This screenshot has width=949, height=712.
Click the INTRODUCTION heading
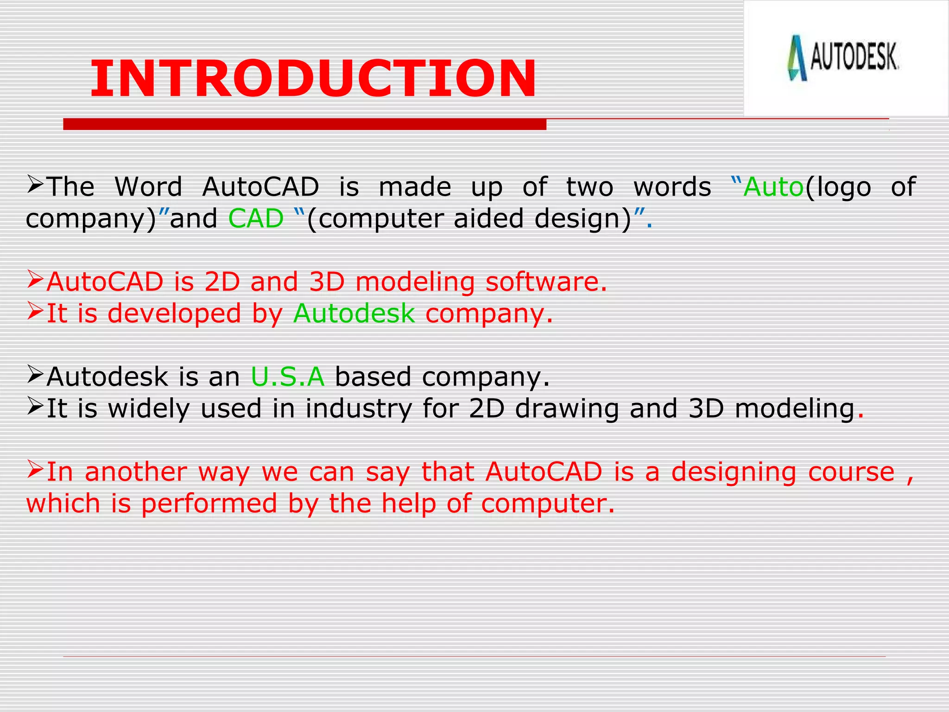coord(313,79)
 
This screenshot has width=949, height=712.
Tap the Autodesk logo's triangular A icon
coord(797,58)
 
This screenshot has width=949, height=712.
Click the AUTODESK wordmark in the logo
coord(854,57)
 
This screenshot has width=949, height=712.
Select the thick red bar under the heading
coord(304,124)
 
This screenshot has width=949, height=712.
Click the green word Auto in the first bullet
coord(773,187)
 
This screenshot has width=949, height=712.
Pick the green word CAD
coord(256,219)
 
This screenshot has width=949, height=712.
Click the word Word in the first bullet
coord(148,187)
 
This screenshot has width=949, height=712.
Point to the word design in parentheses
coord(582,219)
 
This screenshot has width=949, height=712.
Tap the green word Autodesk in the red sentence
coord(354,313)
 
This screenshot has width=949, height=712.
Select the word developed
coord(174,313)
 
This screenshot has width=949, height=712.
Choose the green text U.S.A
coord(287,376)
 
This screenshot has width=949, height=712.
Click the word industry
coord(358,408)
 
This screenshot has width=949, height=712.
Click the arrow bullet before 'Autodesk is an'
coord(35,375)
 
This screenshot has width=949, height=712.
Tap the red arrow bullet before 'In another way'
coord(35,470)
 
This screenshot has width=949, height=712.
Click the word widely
coord(149,408)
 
